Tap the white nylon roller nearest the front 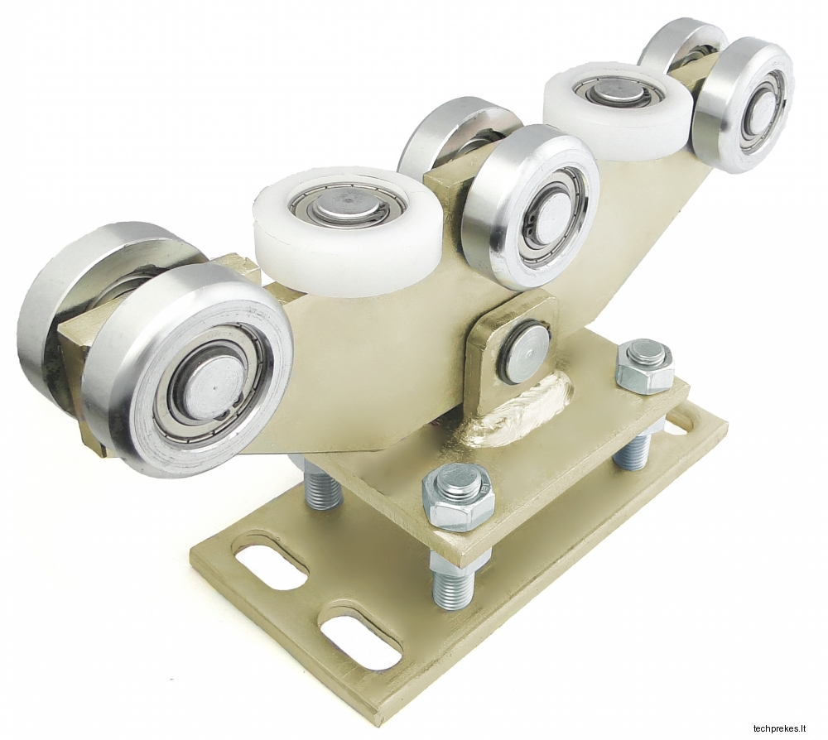coord(348,227)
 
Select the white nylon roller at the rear coord(618,103)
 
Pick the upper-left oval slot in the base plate coord(272,568)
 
